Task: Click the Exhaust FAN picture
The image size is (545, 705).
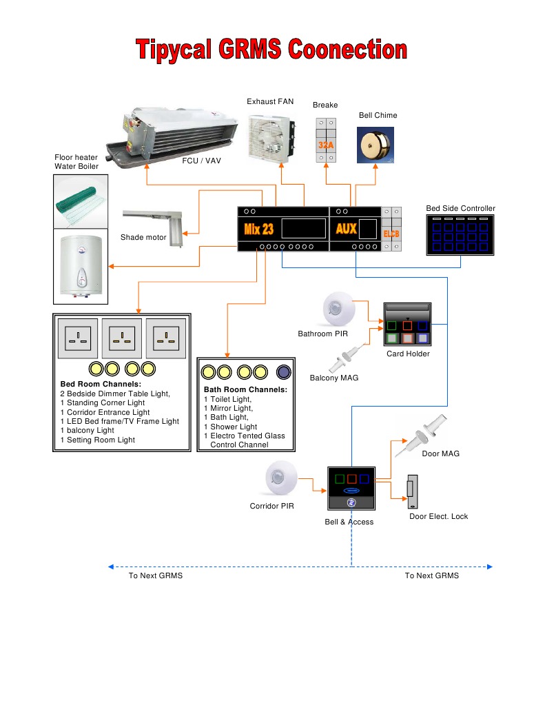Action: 271,138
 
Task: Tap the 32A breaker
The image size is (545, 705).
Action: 326,141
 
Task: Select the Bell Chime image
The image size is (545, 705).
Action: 376,145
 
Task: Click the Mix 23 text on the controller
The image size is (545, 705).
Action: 259,229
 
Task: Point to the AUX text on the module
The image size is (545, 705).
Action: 346,228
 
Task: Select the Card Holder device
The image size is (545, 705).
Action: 408,324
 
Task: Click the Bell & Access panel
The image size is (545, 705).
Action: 351,490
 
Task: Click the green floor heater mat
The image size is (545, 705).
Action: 80,201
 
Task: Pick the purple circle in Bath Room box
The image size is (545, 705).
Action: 282,373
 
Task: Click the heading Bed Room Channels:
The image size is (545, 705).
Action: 101,384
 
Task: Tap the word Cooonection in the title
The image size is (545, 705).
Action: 348,51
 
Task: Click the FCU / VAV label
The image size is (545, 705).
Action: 201,161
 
